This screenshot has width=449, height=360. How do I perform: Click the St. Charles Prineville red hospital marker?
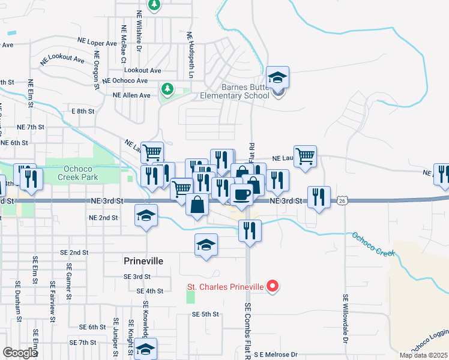pos(273,286)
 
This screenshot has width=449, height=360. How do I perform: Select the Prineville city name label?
pos(143,261)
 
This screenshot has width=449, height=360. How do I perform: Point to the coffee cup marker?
pos(242,196)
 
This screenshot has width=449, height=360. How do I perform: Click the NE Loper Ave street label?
pos(97,43)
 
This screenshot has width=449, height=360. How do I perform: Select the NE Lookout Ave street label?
pos(62,59)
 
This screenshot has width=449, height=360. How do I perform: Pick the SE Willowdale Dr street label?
pos(346,317)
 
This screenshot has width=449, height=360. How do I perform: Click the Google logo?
pos(20,353)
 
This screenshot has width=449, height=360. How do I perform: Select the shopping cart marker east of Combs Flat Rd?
pos(306,157)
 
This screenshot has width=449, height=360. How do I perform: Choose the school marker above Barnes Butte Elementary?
pos(277,77)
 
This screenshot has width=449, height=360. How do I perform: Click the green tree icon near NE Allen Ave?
pos(167,89)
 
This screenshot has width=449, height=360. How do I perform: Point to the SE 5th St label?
pos(205,314)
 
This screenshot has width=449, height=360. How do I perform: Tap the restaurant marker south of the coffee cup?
pos(250,230)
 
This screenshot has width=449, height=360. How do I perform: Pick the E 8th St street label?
pos(83,112)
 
